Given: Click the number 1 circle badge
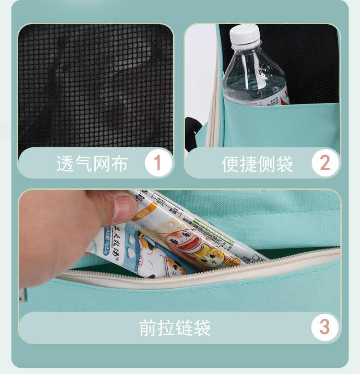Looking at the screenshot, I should click(158, 163).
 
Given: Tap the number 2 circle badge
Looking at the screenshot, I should click(325, 163).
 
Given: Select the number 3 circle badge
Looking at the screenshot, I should click(324, 327).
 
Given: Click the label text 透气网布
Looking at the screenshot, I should click(92, 164).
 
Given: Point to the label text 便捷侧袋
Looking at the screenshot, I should click(257, 164).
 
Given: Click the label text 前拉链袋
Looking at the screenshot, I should click(175, 327).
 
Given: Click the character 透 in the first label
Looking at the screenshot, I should click(65, 164).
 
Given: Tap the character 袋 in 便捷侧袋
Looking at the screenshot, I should click(285, 164).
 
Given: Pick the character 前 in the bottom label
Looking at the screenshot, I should click(148, 327).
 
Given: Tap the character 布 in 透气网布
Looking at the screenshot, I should click(119, 164).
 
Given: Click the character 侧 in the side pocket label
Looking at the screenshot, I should click(267, 164).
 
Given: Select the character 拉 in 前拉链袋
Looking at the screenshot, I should click(166, 327).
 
